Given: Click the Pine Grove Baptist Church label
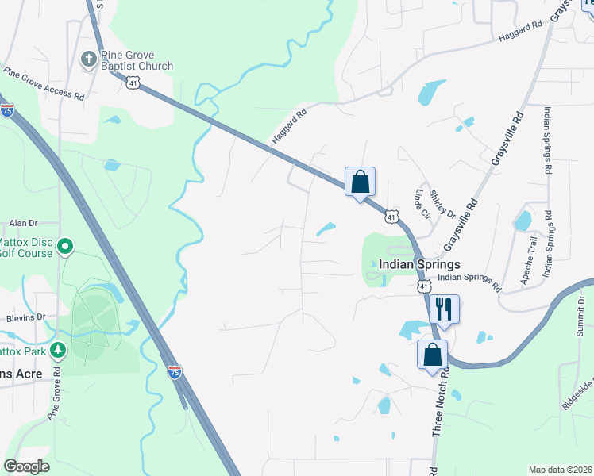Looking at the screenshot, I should coord(137,60).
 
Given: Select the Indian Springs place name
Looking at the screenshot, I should coord(419,265).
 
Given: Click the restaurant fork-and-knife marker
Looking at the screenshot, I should coord(444,308).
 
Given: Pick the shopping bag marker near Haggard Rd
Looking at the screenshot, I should coord(360,182).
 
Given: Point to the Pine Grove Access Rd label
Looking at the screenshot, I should coord(44,83).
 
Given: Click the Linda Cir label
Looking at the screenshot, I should coord(420,203).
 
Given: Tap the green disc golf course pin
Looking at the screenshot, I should coord(66,248).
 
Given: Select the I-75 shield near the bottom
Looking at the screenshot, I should coord(175,370).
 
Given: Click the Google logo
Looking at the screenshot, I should coord(26,466).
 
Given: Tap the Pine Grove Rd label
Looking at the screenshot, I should coord(55,393).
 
